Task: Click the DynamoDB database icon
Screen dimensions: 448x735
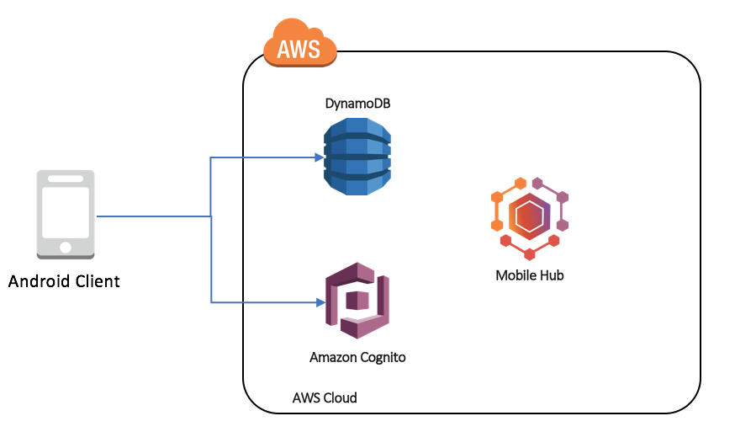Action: [x=357, y=157]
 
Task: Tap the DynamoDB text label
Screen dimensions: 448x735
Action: [x=357, y=104]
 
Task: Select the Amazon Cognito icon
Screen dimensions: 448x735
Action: [x=357, y=300]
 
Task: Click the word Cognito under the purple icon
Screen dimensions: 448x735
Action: [x=383, y=358]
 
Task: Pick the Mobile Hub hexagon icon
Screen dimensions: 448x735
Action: [x=529, y=218]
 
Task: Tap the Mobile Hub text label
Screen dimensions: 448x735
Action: [x=530, y=275]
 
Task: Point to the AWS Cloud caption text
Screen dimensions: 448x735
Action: [x=325, y=397]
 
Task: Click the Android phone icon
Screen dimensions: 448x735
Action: [x=66, y=215]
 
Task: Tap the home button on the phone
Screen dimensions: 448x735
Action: [x=66, y=247]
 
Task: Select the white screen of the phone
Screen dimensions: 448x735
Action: [x=66, y=212]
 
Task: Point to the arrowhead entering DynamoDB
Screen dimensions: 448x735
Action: [x=320, y=157]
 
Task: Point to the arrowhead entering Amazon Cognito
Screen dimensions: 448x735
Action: [x=320, y=301]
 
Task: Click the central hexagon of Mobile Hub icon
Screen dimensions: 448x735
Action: [x=529, y=217]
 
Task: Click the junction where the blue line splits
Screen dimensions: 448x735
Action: [x=210, y=216]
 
